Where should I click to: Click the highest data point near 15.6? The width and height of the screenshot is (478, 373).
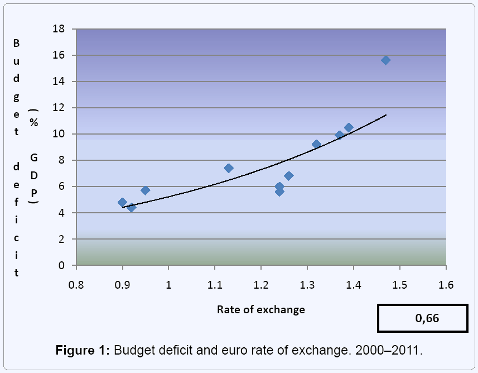click(x=385, y=60)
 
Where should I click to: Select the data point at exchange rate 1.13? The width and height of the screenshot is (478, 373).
click(x=229, y=168)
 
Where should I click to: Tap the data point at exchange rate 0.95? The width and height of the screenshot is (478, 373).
click(x=145, y=190)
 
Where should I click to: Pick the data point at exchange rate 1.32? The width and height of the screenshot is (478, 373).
click(x=316, y=144)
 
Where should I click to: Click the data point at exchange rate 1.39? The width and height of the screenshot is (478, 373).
click(x=349, y=128)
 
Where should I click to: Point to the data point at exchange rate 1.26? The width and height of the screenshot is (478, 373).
click(x=288, y=176)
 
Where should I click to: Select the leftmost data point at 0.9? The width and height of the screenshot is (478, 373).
click(x=122, y=202)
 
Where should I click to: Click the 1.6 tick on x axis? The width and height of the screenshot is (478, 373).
click(x=446, y=285)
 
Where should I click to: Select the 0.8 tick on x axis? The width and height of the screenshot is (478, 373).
click(x=76, y=285)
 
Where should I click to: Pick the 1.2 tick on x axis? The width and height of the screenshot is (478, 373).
click(x=260, y=285)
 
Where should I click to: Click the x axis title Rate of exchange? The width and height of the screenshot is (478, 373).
click(x=260, y=309)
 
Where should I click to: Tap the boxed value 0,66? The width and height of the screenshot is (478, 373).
click(x=427, y=319)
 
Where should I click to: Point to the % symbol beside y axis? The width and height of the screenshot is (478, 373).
click(x=33, y=123)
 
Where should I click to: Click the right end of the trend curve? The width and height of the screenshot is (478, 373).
click(x=385, y=115)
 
